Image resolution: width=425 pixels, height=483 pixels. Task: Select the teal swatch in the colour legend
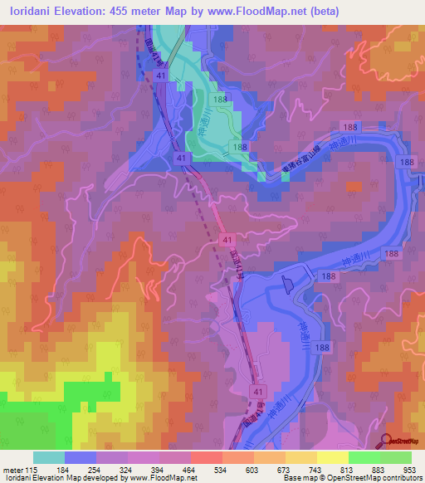[49, 457]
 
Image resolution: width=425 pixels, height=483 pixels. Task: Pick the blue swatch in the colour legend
[81, 457]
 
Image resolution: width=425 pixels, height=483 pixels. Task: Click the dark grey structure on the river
[288, 285]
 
